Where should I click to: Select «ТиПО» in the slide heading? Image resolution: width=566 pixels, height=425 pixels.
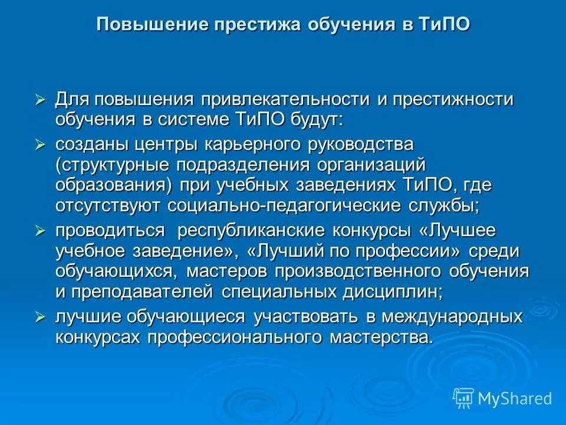(x=445, y=25)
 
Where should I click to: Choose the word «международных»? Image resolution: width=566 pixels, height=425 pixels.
(x=452, y=316)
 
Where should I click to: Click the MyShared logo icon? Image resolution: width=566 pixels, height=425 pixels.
(x=463, y=398)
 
